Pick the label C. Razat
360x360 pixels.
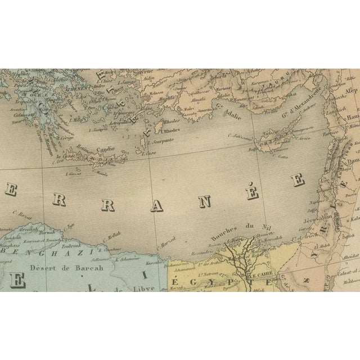click(x=22, y=215)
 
